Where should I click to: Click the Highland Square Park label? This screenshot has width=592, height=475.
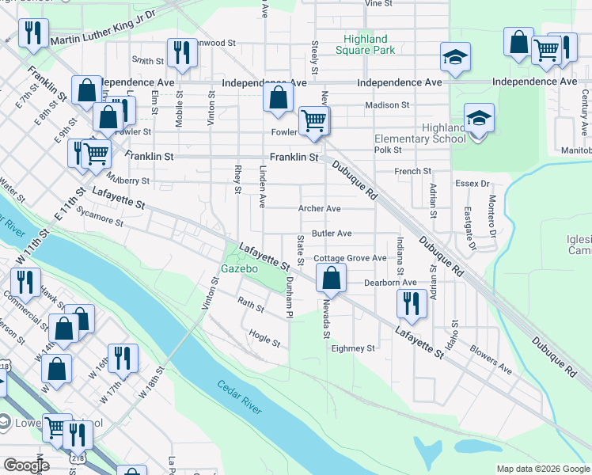click(x=366, y=44)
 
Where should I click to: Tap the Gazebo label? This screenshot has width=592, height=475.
click(x=241, y=269)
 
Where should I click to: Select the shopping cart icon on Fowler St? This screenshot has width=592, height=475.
click(x=314, y=120)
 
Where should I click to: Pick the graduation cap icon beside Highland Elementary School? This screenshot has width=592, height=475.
click(x=479, y=118)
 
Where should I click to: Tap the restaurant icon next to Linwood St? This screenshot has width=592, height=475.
click(x=183, y=52)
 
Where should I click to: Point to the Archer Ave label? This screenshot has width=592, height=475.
click(x=319, y=209)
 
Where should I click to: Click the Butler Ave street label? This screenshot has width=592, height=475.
click(x=332, y=234)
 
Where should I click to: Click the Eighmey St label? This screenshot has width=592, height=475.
click(x=352, y=348)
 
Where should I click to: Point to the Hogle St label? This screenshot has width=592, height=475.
click(x=265, y=339)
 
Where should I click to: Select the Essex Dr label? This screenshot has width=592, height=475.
click(x=472, y=184)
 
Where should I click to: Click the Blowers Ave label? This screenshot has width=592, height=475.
click(x=491, y=359)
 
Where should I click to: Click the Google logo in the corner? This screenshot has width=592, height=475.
click(x=26, y=465)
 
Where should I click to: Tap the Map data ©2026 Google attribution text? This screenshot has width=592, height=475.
click(x=543, y=469)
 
